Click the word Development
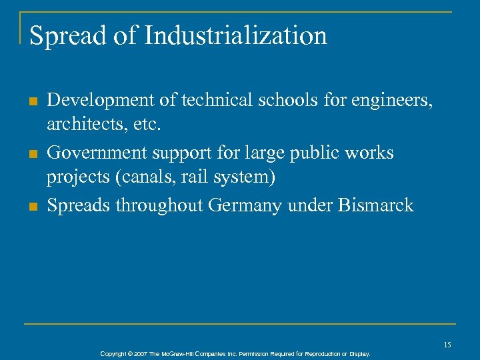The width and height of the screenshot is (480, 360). point(99,101)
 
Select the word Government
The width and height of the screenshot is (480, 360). point(99,153)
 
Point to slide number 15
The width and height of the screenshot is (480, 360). point(447,345)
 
